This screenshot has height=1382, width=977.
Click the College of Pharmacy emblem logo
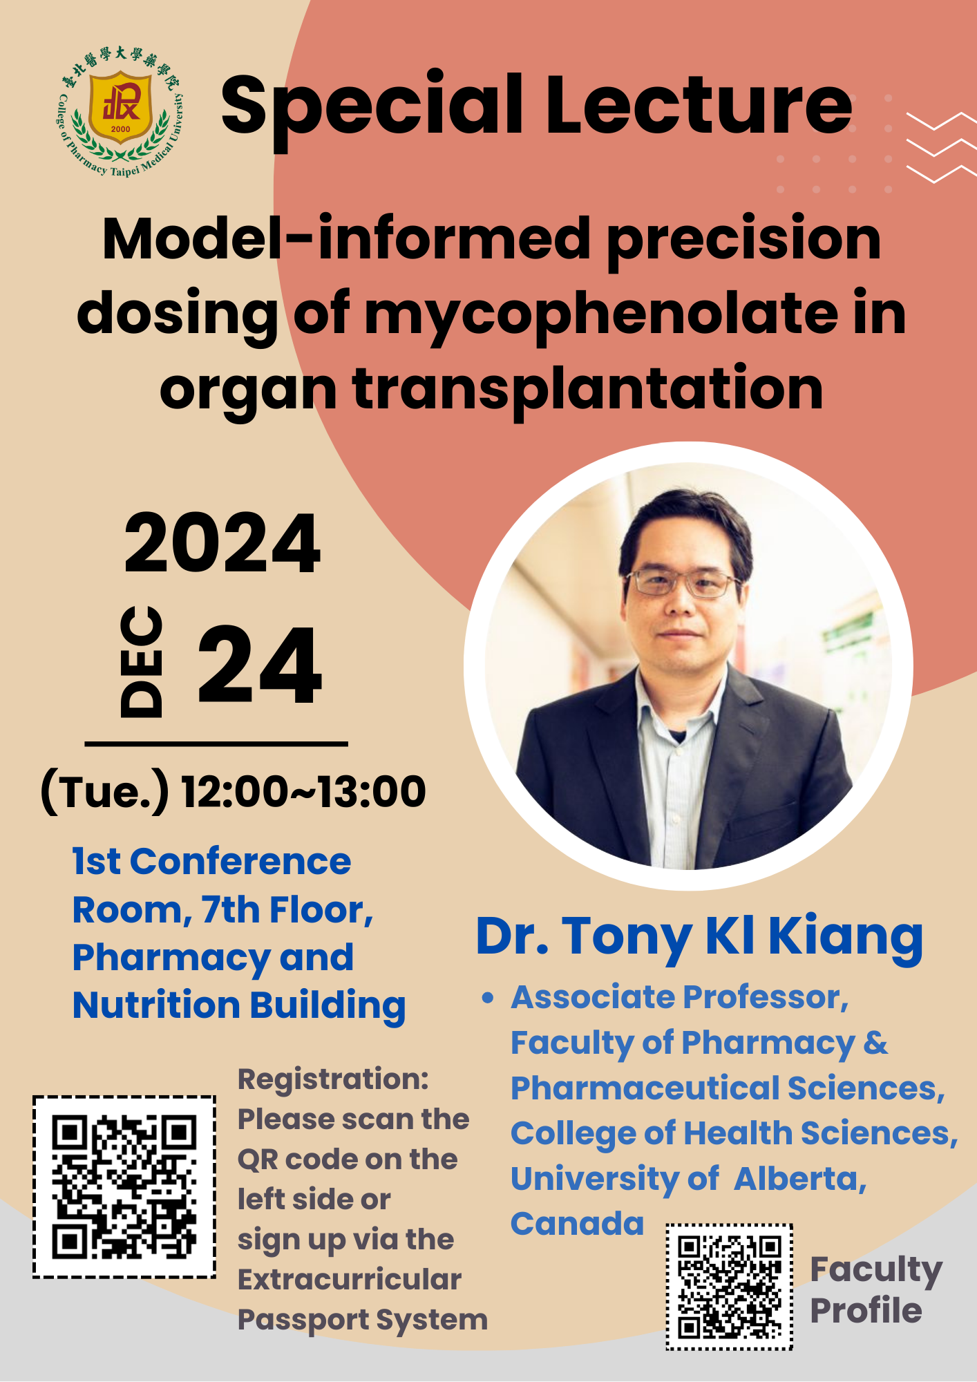tap(120, 111)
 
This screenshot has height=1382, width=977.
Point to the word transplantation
tap(588, 389)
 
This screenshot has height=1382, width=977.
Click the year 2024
tap(222, 544)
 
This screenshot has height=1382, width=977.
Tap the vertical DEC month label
tap(142, 661)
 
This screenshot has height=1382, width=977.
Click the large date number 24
tap(260, 665)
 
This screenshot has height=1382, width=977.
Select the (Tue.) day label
tap(104, 792)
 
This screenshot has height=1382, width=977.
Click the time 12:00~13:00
tap(303, 791)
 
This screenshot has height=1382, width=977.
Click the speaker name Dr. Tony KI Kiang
tap(699, 937)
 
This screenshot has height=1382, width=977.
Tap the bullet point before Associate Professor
tap(489, 998)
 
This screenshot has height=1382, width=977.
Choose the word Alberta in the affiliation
tap(800, 1179)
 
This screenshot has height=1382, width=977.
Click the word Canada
tap(578, 1224)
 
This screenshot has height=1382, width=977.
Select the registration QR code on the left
tap(124, 1186)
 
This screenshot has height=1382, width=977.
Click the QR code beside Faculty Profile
tap(730, 1287)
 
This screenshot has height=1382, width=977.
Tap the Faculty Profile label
tap(875, 1290)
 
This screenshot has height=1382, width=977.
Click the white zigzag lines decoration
tap(941, 148)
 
